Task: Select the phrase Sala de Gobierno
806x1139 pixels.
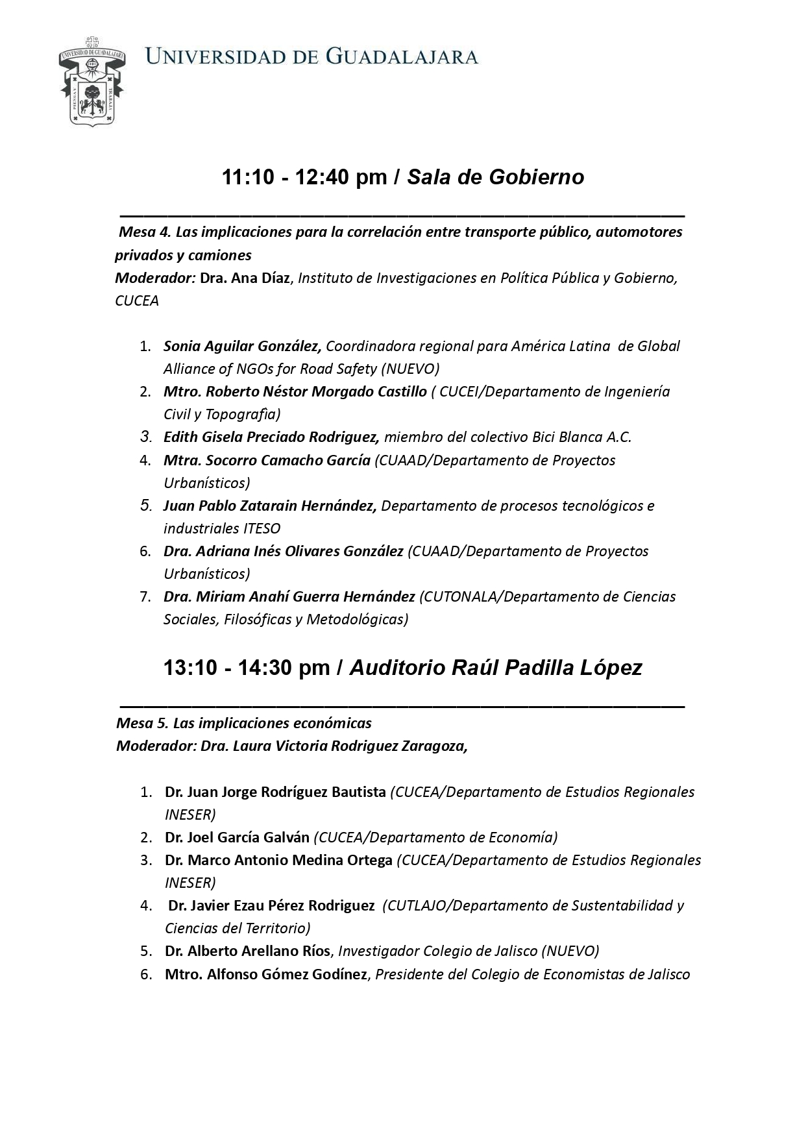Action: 495,177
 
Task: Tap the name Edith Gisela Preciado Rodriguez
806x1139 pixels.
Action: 271,437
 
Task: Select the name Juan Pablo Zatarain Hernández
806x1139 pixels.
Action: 269,506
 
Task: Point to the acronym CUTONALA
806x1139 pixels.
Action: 457,596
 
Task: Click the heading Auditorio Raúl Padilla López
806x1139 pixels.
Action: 496,668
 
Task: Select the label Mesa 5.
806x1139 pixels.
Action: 141,723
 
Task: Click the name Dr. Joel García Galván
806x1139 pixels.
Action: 237,837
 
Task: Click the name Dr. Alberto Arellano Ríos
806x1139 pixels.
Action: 247,951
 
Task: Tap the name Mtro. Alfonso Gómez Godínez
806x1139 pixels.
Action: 266,974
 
